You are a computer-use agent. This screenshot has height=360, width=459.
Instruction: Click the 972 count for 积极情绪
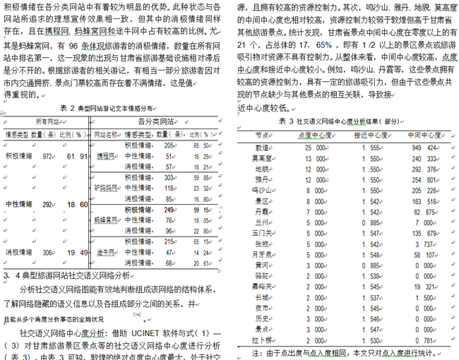click(49, 156)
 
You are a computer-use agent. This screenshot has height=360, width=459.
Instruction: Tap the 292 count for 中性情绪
click(48, 204)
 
